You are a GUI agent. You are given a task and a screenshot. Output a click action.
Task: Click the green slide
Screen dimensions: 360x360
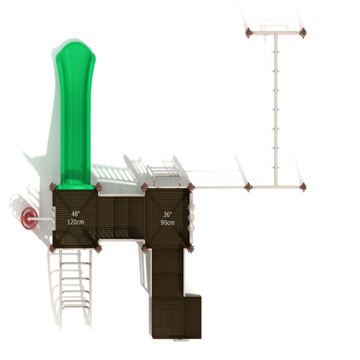(x=74, y=115)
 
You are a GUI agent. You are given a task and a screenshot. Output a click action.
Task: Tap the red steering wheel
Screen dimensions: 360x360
(x=28, y=216)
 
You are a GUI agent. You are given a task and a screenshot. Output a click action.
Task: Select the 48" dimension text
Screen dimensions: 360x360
(x=76, y=214)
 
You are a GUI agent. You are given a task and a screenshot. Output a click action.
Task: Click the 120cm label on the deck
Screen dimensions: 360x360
(x=76, y=222)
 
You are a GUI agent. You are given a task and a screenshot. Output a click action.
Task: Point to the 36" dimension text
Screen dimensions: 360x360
(x=168, y=214)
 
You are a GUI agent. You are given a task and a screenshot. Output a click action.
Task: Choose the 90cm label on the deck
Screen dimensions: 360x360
(x=168, y=222)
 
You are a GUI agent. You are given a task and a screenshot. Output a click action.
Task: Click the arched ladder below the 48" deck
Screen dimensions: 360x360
(x=75, y=284)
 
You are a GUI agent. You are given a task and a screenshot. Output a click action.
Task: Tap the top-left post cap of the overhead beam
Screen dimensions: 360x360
(x=249, y=33)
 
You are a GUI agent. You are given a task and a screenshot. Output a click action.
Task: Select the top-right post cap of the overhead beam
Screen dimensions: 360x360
(x=303, y=33)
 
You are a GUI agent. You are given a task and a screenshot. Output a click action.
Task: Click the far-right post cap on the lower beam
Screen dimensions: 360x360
(x=303, y=187)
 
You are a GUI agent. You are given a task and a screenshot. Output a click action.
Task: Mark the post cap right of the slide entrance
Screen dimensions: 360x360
(x=99, y=187)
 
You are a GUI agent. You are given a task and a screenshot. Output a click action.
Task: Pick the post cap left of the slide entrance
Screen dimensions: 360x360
(x=53, y=187)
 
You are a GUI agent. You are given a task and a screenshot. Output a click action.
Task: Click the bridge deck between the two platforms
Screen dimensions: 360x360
(x=122, y=217)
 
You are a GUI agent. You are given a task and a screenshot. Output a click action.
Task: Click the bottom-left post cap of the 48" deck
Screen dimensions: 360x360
(x=53, y=248)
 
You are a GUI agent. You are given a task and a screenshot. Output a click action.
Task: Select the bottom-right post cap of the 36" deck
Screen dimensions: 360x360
(x=191, y=248)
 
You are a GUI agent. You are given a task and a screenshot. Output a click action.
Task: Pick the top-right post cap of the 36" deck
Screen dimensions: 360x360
(x=191, y=187)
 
